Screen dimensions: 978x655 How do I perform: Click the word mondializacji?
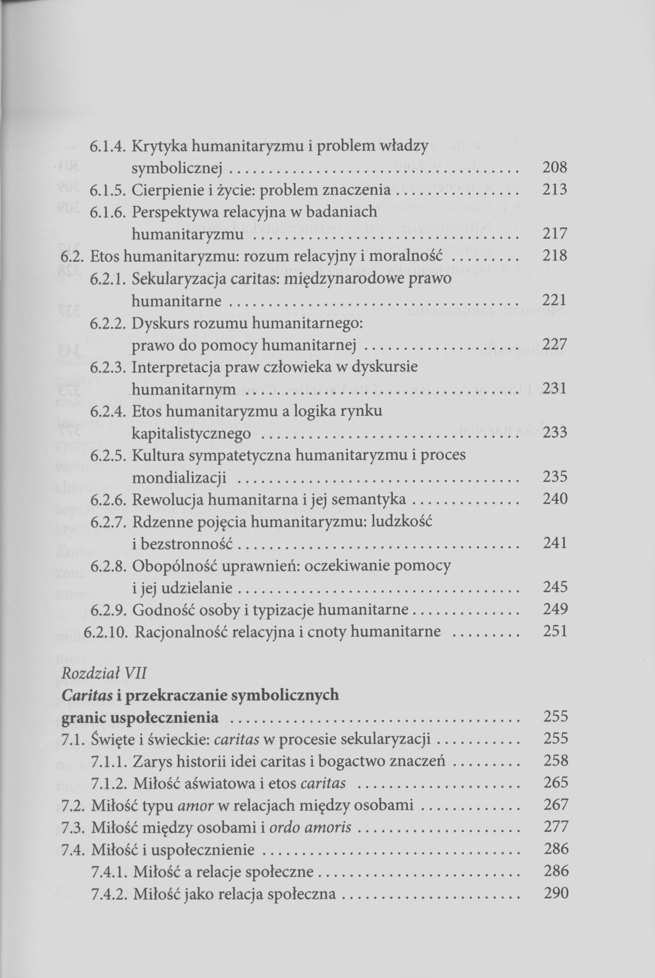coord(179,477)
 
